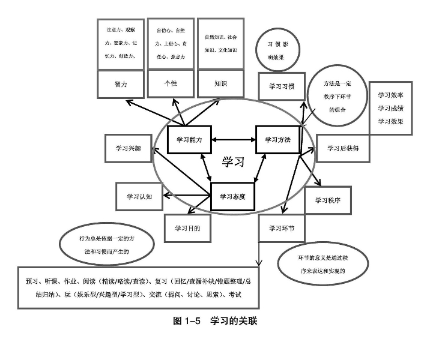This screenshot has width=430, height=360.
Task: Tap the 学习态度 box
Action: tap(233, 196)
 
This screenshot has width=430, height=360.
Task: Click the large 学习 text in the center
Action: tap(234, 162)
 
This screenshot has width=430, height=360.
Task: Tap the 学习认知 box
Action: tap(139, 196)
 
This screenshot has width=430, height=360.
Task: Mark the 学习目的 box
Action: tap(187, 228)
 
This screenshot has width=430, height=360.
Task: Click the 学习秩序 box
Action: tap(327, 200)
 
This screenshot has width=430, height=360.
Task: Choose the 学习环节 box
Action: tap(281, 228)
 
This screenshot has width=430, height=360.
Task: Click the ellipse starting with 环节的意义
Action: tap(324, 263)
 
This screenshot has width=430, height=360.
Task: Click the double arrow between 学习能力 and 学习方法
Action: tap(235, 140)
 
